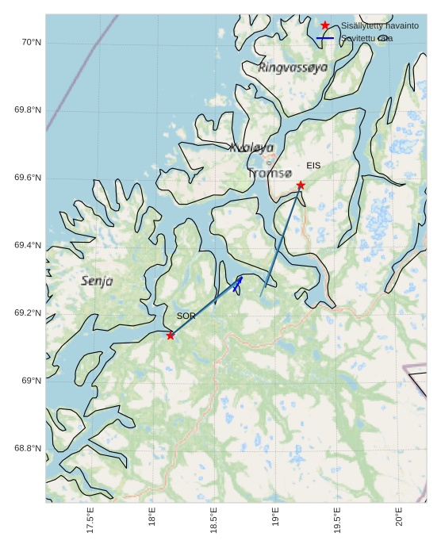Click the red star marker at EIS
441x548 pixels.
[301, 185]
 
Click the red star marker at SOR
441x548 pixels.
[171, 335]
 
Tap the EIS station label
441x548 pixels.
[313, 166]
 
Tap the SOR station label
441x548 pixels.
[186, 316]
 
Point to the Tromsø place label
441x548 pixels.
[270, 173]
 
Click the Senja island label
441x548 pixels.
[97, 281]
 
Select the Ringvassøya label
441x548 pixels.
[293, 68]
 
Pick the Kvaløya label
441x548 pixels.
[251, 148]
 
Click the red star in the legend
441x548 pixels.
[325, 25]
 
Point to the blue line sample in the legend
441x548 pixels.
[325, 38]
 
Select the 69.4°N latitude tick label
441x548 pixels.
[28, 246]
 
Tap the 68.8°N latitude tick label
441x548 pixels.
[28, 449]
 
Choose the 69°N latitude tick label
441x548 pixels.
[30, 381]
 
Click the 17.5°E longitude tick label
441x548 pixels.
[90, 520]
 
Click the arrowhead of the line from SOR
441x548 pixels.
[240, 279]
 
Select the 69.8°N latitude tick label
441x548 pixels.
[28, 110]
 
